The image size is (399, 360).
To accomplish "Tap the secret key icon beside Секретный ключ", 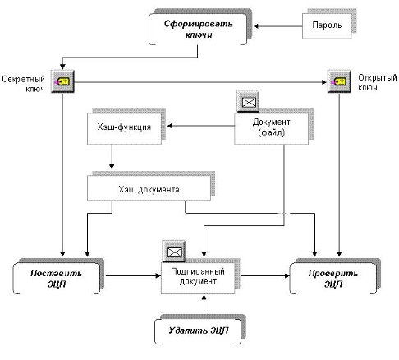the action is tap(62, 81).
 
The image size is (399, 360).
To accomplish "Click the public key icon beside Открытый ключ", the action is tap(339, 81).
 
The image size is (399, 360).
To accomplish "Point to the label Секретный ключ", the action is tap(24, 84).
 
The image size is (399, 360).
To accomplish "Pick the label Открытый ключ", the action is tap(378, 82).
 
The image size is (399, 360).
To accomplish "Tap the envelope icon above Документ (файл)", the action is tap(248, 102).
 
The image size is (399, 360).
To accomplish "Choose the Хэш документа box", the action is tap(149, 188).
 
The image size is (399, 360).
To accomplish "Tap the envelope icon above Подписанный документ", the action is tap(174, 252).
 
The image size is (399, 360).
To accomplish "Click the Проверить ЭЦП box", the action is tap(333, 278).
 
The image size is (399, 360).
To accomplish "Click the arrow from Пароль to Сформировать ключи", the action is tap(278, 26).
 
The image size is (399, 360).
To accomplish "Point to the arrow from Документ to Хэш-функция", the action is tap(201, 126).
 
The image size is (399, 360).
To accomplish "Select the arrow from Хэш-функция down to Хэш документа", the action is tap(112, 157).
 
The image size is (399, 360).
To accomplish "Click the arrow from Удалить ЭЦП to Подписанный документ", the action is tap(204, 304).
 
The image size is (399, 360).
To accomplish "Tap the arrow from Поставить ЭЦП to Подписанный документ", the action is tap(133, 275).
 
